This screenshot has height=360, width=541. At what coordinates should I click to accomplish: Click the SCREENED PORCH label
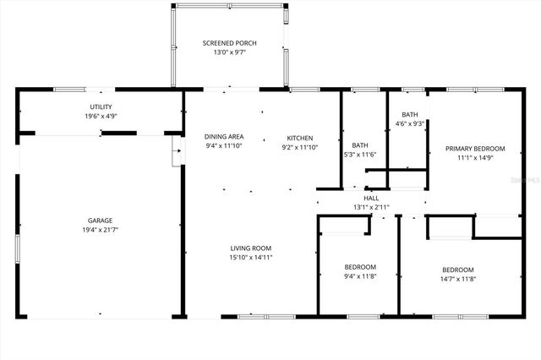(x=229, y=43)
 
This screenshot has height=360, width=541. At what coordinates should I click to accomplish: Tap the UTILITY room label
(x=101, y=106)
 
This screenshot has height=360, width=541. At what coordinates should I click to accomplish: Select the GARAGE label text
(x=101, y=220)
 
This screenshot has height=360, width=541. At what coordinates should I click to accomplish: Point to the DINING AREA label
(x=224, y=137)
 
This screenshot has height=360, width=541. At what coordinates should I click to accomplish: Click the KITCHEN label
(x=299, y=138)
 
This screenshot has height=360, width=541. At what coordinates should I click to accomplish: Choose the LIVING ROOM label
(x=250, y=248)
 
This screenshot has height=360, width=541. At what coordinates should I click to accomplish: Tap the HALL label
(x=371, y=199)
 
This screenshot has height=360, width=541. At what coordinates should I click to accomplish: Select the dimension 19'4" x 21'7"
(x=101, y=230)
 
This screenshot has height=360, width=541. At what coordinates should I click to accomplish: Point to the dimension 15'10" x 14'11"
(x=250, y=258)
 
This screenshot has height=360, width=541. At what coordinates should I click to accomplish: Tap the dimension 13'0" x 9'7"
(x=229, y=52)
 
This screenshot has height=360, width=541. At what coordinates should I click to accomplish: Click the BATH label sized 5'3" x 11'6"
(x=359, y=145)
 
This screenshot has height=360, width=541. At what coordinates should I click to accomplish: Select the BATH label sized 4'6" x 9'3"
(x=409, y=115)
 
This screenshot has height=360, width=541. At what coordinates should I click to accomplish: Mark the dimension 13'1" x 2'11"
(x=371, y=207)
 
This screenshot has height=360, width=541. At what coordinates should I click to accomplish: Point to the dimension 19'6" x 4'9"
(x=101, y=116)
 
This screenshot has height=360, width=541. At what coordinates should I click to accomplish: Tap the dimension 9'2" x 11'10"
(x=299, y=147)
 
